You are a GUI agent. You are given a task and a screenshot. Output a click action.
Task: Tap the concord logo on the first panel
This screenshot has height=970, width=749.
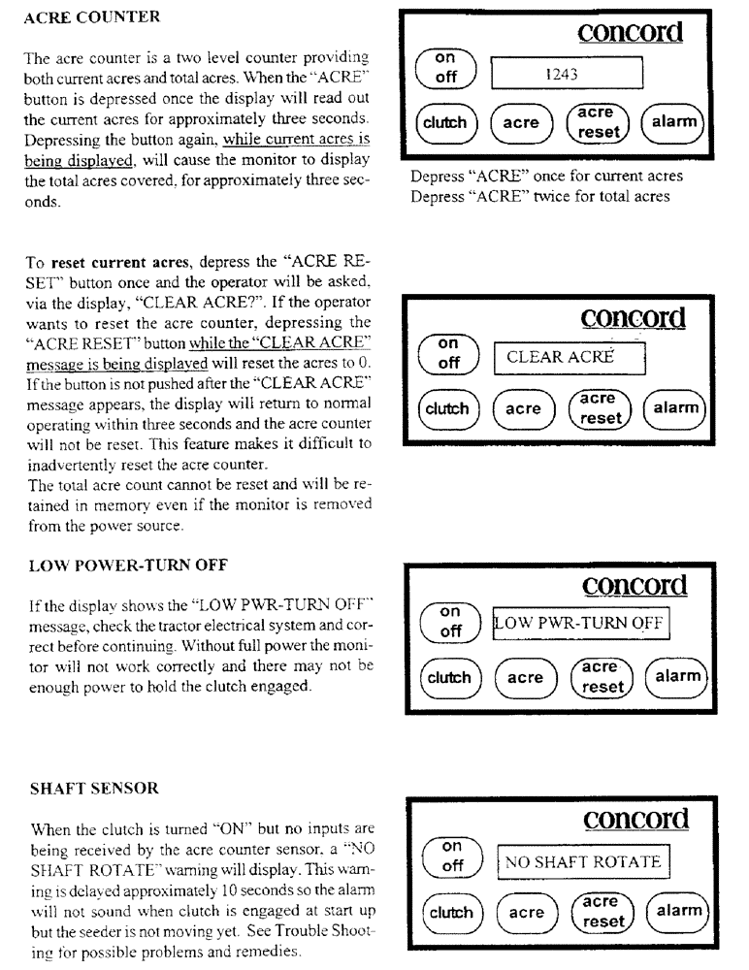630,32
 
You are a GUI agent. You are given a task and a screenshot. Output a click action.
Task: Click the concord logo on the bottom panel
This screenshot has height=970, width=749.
636,819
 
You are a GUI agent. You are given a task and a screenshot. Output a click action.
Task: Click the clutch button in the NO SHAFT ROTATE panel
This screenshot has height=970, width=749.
449,913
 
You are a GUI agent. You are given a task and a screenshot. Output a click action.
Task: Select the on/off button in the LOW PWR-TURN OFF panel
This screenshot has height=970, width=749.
449,621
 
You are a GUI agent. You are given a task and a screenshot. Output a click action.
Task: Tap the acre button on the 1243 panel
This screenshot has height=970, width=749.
521,123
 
